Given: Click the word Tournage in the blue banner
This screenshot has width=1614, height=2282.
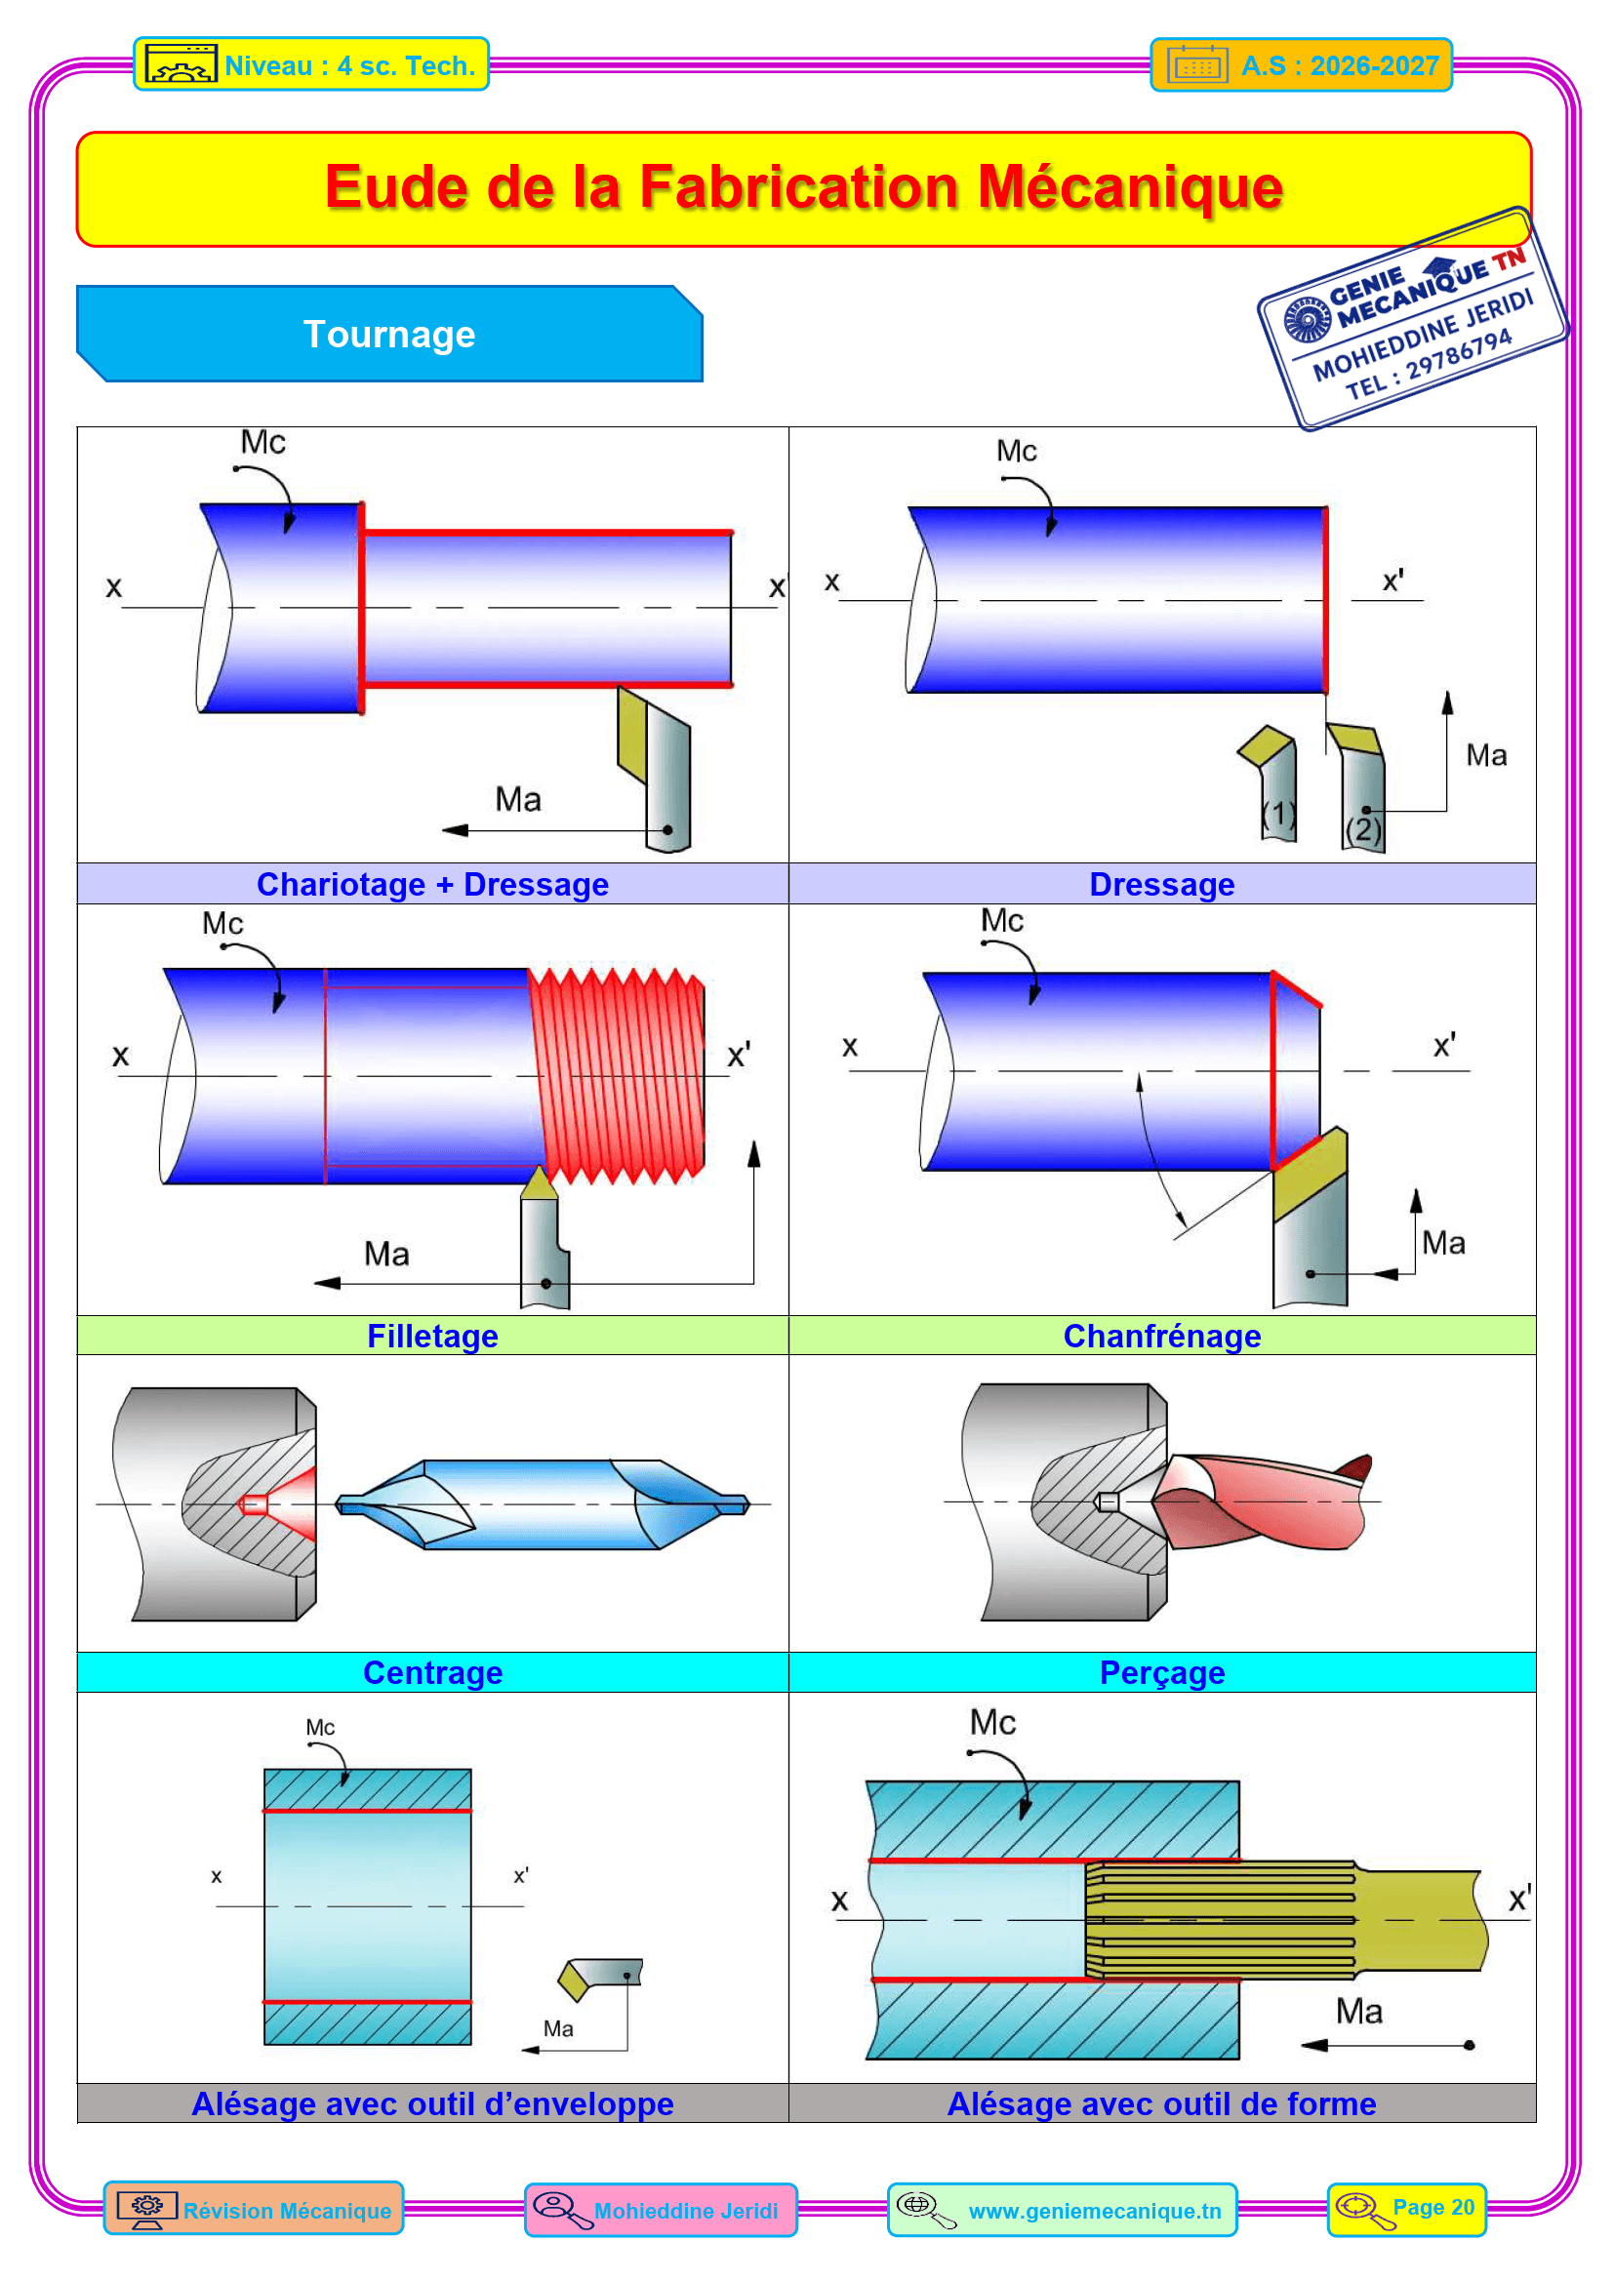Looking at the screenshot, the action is [x=388, y=335].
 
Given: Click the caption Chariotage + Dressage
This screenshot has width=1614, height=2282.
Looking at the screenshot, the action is [x=432, y=885].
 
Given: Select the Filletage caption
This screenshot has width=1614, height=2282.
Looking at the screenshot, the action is [x=432, y=1336].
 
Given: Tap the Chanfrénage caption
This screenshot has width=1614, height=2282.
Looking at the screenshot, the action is [x=1162, y=1336].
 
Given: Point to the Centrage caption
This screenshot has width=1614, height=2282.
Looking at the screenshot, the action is [x=432, y=1673].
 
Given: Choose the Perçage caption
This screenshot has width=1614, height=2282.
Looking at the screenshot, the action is [x=1162, y=1673].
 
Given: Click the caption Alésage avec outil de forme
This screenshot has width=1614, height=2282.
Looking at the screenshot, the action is [x=1162, y=2104].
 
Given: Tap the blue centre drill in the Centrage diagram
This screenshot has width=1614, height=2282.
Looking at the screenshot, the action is [x=542, y=1503].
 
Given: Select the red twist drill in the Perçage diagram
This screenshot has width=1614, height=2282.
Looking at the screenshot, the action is [x=1262, y=1501].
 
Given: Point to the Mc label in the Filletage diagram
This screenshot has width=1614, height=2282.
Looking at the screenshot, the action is [x=222, y=923].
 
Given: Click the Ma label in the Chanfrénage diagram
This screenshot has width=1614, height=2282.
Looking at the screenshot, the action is [x=1443, y=1243].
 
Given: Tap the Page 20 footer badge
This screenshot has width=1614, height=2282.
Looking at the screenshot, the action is [x=1406, y=2210].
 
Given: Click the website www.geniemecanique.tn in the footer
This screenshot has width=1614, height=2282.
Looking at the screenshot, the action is [x=1094, y=2211].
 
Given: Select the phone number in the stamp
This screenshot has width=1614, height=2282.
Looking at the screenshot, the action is [x=1431, y=365].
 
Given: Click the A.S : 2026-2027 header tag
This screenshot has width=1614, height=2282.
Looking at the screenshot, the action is [x=1301, y=65].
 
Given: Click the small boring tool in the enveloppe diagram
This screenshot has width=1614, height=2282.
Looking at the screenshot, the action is [x=600, y=1978].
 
